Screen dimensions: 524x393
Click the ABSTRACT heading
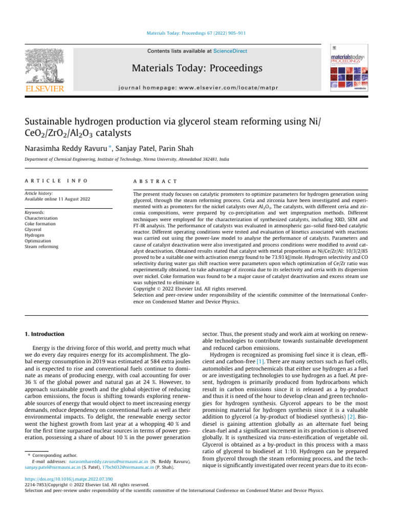(155, 181)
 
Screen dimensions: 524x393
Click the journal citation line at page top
(196, 34)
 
